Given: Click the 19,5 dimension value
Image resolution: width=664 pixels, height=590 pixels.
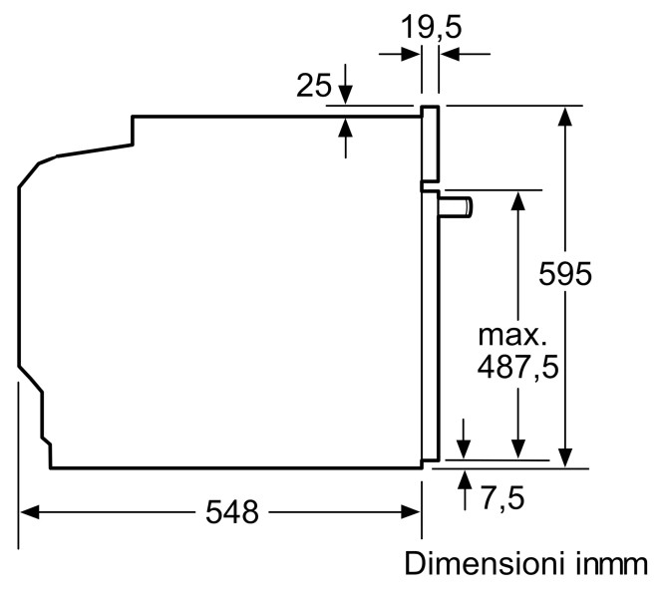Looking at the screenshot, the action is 431,28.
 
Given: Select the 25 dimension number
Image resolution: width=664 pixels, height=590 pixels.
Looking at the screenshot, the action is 313,85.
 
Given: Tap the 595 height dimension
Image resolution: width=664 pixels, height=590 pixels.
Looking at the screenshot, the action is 565,274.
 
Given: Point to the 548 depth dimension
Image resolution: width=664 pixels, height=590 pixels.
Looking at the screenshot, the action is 231,512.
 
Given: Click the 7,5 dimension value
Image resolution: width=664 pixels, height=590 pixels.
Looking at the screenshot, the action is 502,498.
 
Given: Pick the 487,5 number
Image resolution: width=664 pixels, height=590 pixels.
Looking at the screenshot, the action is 517,367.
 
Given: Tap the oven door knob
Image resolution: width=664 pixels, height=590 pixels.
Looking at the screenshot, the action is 456,207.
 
